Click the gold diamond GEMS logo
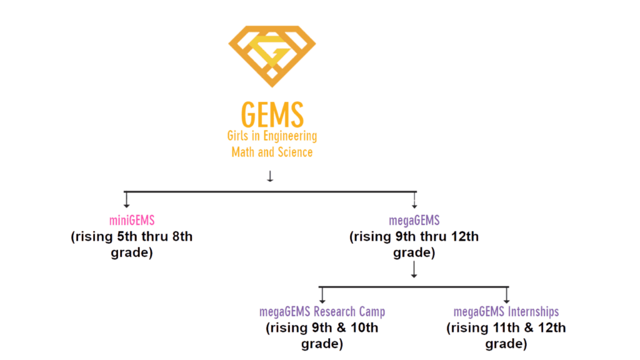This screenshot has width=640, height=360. click(272, 56)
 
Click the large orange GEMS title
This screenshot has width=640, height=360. click(272, 114)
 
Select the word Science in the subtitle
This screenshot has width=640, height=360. click(292, 151)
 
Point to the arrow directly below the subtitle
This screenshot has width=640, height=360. click(270, 176)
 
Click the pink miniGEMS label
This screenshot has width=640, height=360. click(131, 220)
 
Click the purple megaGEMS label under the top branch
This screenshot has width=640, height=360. click(414, 220)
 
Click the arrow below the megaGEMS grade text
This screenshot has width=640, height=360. click(414, 270)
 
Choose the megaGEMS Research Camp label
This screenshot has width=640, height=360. click(322, 312)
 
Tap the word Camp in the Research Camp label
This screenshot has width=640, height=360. click(371, 312)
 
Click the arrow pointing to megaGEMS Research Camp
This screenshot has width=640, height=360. click(322, 294)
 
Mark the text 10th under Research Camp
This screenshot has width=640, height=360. click(362, 328)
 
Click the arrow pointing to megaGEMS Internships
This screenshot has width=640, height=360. click(506, 294)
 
